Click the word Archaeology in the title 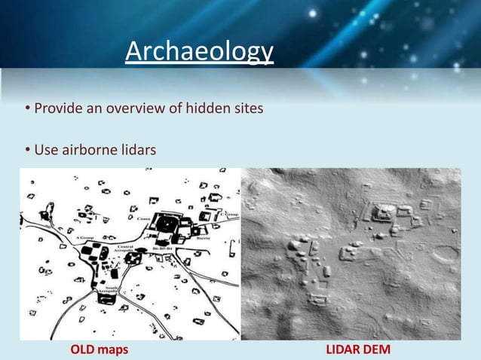click(199, 52)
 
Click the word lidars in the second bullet click(136, 151)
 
